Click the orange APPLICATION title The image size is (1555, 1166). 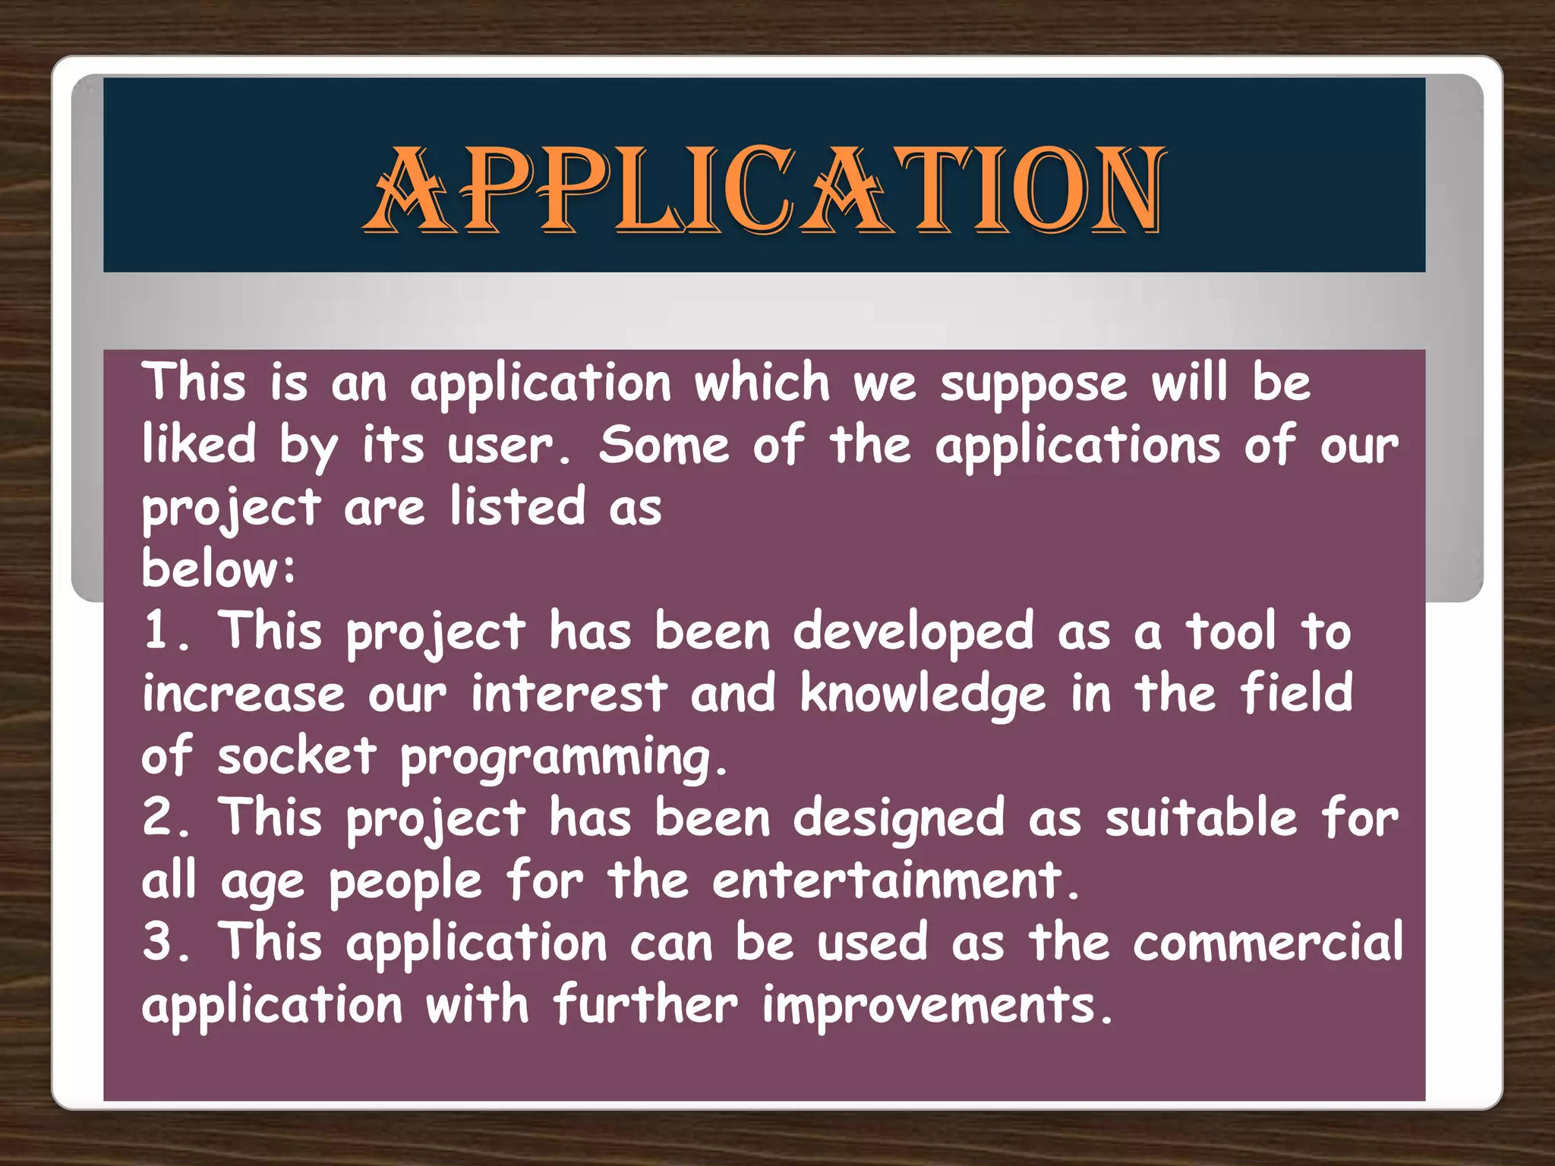764,190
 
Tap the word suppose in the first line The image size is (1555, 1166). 1033,384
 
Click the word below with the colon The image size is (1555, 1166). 219,569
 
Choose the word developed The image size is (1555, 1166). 913,632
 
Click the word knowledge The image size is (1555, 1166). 923,695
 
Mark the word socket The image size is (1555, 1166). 297,756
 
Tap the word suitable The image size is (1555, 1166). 1201,818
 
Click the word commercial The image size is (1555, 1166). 1268,943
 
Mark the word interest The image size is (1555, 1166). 569,693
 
